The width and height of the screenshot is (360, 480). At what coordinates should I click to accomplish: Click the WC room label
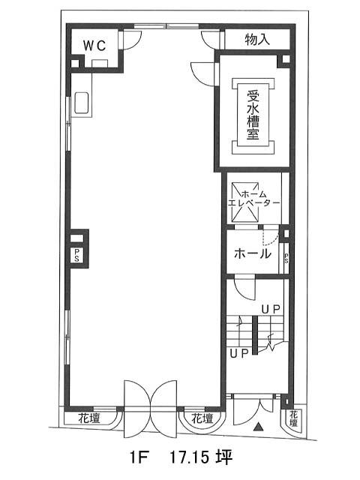click(95, 46)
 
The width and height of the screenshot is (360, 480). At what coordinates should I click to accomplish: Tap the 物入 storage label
click(257, 39)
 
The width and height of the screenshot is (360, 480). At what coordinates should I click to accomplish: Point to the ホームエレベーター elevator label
click(254, 199)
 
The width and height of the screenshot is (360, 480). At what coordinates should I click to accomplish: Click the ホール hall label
click(253, 253)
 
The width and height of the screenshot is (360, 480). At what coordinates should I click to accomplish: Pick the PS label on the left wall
click(76, 255)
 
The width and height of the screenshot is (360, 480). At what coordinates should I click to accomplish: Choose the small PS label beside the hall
click(286, 258)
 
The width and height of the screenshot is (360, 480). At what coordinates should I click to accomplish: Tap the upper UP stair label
click(271, 310)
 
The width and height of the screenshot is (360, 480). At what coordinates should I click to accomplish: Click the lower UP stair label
click(238, 353)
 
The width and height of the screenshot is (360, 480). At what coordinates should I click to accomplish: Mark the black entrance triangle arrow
click(259, 426)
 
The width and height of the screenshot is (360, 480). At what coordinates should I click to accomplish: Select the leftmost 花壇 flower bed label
click(89, 418)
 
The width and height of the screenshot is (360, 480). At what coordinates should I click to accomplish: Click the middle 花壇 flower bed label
click(202, 418)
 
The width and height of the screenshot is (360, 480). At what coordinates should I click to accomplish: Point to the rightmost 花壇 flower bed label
click(294, 419)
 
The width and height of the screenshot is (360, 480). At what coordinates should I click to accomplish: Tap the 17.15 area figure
click(190, 458)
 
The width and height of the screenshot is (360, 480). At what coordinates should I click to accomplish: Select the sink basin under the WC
click(82, 103)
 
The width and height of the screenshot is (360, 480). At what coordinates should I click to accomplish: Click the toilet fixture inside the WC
click(100, 63)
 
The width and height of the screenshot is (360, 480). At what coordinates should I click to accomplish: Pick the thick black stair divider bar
click(255, 335)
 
